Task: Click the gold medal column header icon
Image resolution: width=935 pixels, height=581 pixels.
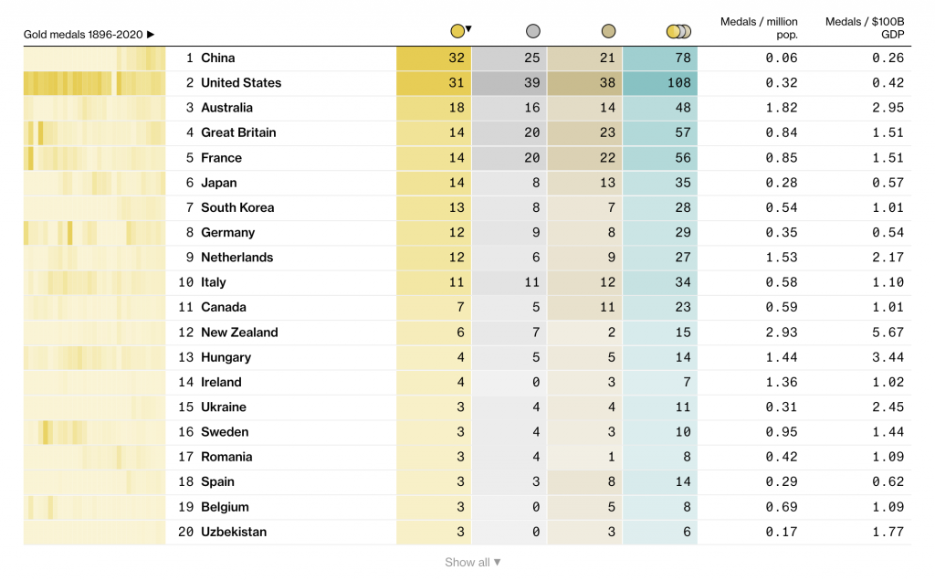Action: coord(457,32)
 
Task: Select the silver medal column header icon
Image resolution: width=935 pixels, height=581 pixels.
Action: coord(533,32)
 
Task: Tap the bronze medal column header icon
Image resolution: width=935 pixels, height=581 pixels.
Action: coord(609,32)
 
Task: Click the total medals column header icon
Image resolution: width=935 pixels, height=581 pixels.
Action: coord(678,32)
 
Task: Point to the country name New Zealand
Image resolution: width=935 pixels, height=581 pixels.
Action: coord(239,333)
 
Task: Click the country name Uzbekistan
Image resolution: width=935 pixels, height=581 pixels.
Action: coord(234,532)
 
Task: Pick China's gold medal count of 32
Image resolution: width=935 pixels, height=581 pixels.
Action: coord(457,58)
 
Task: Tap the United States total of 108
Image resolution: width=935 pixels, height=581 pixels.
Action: coord(679,83)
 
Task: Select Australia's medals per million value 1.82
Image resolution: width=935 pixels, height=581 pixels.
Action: coord(783,108)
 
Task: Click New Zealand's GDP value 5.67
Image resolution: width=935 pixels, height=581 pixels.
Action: coord(888,333)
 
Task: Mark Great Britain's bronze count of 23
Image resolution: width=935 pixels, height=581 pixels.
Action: coord(608,132)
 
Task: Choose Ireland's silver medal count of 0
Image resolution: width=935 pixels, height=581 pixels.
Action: coord(536,382)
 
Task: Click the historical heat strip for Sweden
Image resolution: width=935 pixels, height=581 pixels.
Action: coord(94,432)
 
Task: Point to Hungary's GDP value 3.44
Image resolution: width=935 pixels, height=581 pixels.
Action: coord(888,357)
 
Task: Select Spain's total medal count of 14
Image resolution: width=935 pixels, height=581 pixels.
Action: coord(683,481)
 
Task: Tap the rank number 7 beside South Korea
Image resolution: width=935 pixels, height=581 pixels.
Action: coord(189,207)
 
